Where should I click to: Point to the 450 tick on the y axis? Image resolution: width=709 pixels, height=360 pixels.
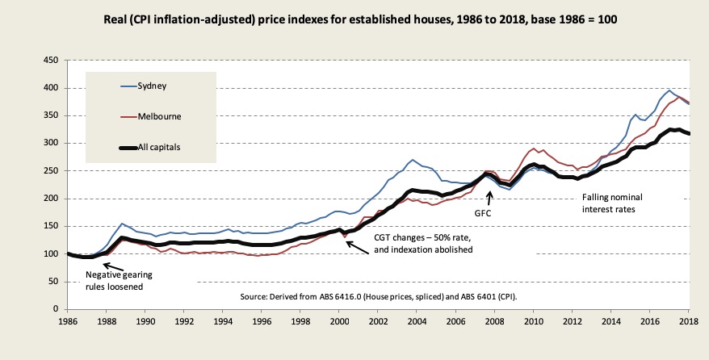click(51, 61)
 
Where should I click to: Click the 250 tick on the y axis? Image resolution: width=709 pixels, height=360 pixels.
click(51, 171)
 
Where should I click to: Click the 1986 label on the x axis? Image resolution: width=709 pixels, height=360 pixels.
click(67, 321)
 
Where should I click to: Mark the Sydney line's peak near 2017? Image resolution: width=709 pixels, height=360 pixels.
click(669, 90)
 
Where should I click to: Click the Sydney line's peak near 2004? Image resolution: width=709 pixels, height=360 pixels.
click(413, 160)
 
